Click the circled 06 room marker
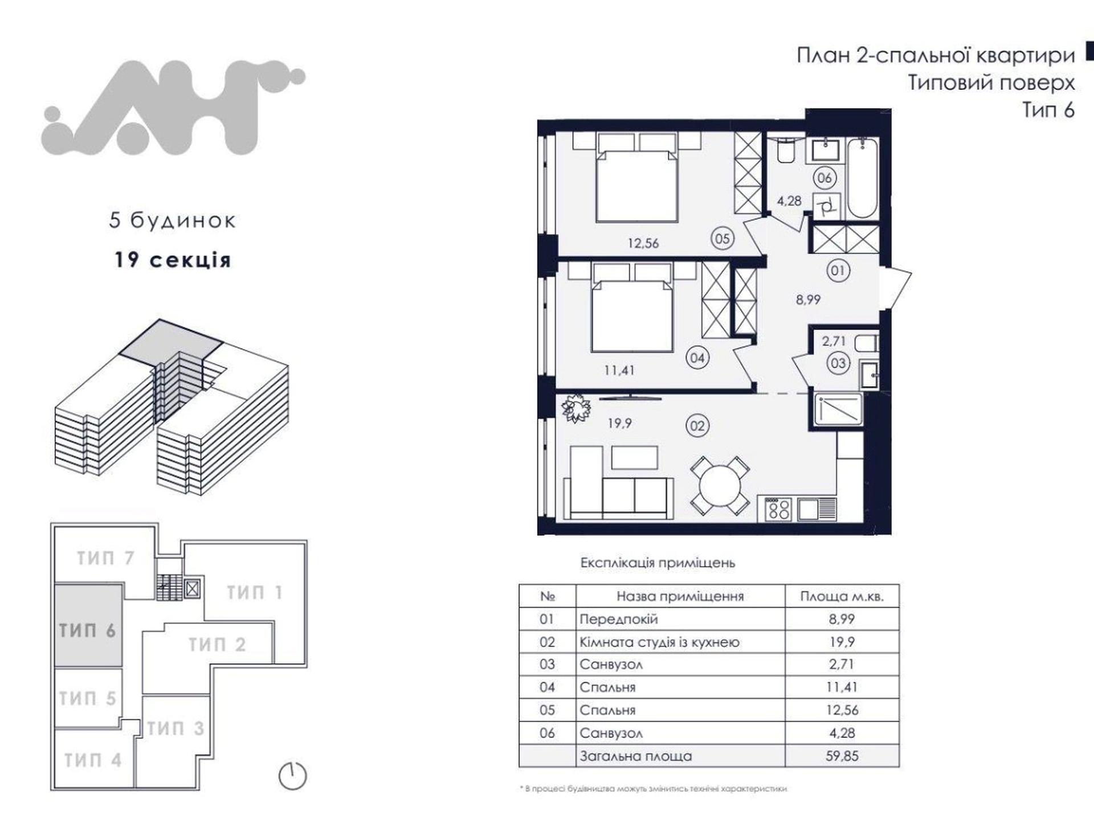point(824,178)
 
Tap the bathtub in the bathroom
point(862,177)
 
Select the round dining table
point(720,486)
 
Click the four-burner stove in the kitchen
point(778,509)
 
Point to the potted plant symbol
point(575,408)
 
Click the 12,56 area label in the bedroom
point(643,243)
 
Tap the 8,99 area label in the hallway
point(808,300)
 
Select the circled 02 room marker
point(697,426)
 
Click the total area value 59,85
point(842,756)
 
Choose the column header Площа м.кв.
point(842,596)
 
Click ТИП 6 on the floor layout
point(88,630)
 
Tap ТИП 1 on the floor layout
point(255,593)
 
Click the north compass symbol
point(292,776)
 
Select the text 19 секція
point(173,260)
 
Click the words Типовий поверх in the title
point(991,83)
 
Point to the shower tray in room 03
point(838,409)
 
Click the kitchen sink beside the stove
point(817,509)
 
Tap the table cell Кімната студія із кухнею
point(659,642)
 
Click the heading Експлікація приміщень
point(658,563)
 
